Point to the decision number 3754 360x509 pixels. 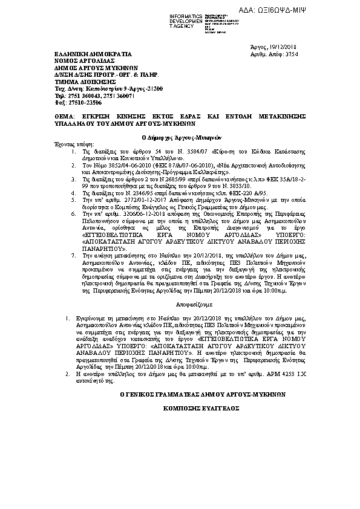point(290,54)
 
